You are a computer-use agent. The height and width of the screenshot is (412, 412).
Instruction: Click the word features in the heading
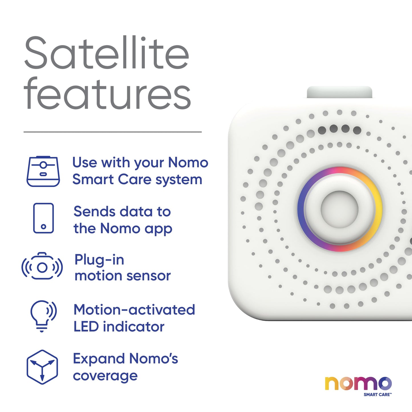(107, 94)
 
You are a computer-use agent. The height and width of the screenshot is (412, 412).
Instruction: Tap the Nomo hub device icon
(43, 171)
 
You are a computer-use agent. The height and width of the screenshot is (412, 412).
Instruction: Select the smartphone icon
(43, 218)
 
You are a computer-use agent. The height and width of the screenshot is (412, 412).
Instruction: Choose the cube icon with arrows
(42, 367)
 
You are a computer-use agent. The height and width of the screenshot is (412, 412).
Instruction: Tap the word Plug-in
(99, 260)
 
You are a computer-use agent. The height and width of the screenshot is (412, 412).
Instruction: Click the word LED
(86, 327)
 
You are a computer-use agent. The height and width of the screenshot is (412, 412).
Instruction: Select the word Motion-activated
(134, 310)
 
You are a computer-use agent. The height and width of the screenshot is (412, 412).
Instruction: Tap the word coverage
(105, 376)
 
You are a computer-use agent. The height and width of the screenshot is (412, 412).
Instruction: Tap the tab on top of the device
(339, 92)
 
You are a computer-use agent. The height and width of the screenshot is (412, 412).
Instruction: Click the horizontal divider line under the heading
(112, 132)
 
